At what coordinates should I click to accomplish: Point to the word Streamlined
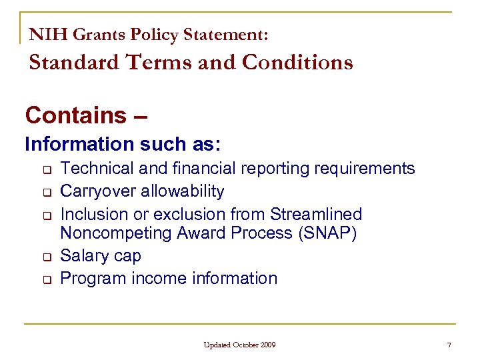point(316,214)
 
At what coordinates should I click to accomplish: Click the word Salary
point(83,256)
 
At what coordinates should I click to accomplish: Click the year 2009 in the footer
point(267,345)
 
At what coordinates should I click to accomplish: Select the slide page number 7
point(449,345)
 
